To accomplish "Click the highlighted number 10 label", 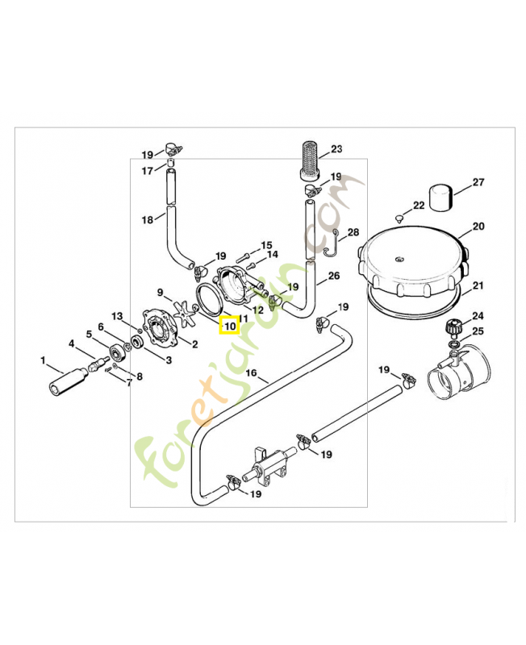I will [x=229, y=326].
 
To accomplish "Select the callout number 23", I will [x=336, y=148].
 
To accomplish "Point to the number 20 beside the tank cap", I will [x=478, y=227].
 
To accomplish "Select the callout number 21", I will [x=478, y=285].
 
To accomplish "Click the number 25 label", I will [x=478, y=331].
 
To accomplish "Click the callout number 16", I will [x=251, y=373].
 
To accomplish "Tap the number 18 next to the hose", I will [x=147, y=220].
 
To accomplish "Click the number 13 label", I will [x=116, y=315].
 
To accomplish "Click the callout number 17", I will [x=147, y=170].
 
